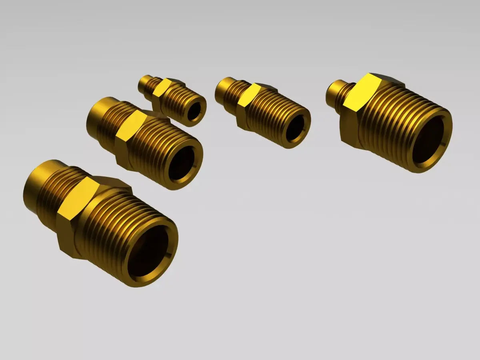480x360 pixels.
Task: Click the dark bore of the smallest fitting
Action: [194, 111]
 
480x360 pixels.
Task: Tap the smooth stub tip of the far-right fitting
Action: [335, 91]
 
